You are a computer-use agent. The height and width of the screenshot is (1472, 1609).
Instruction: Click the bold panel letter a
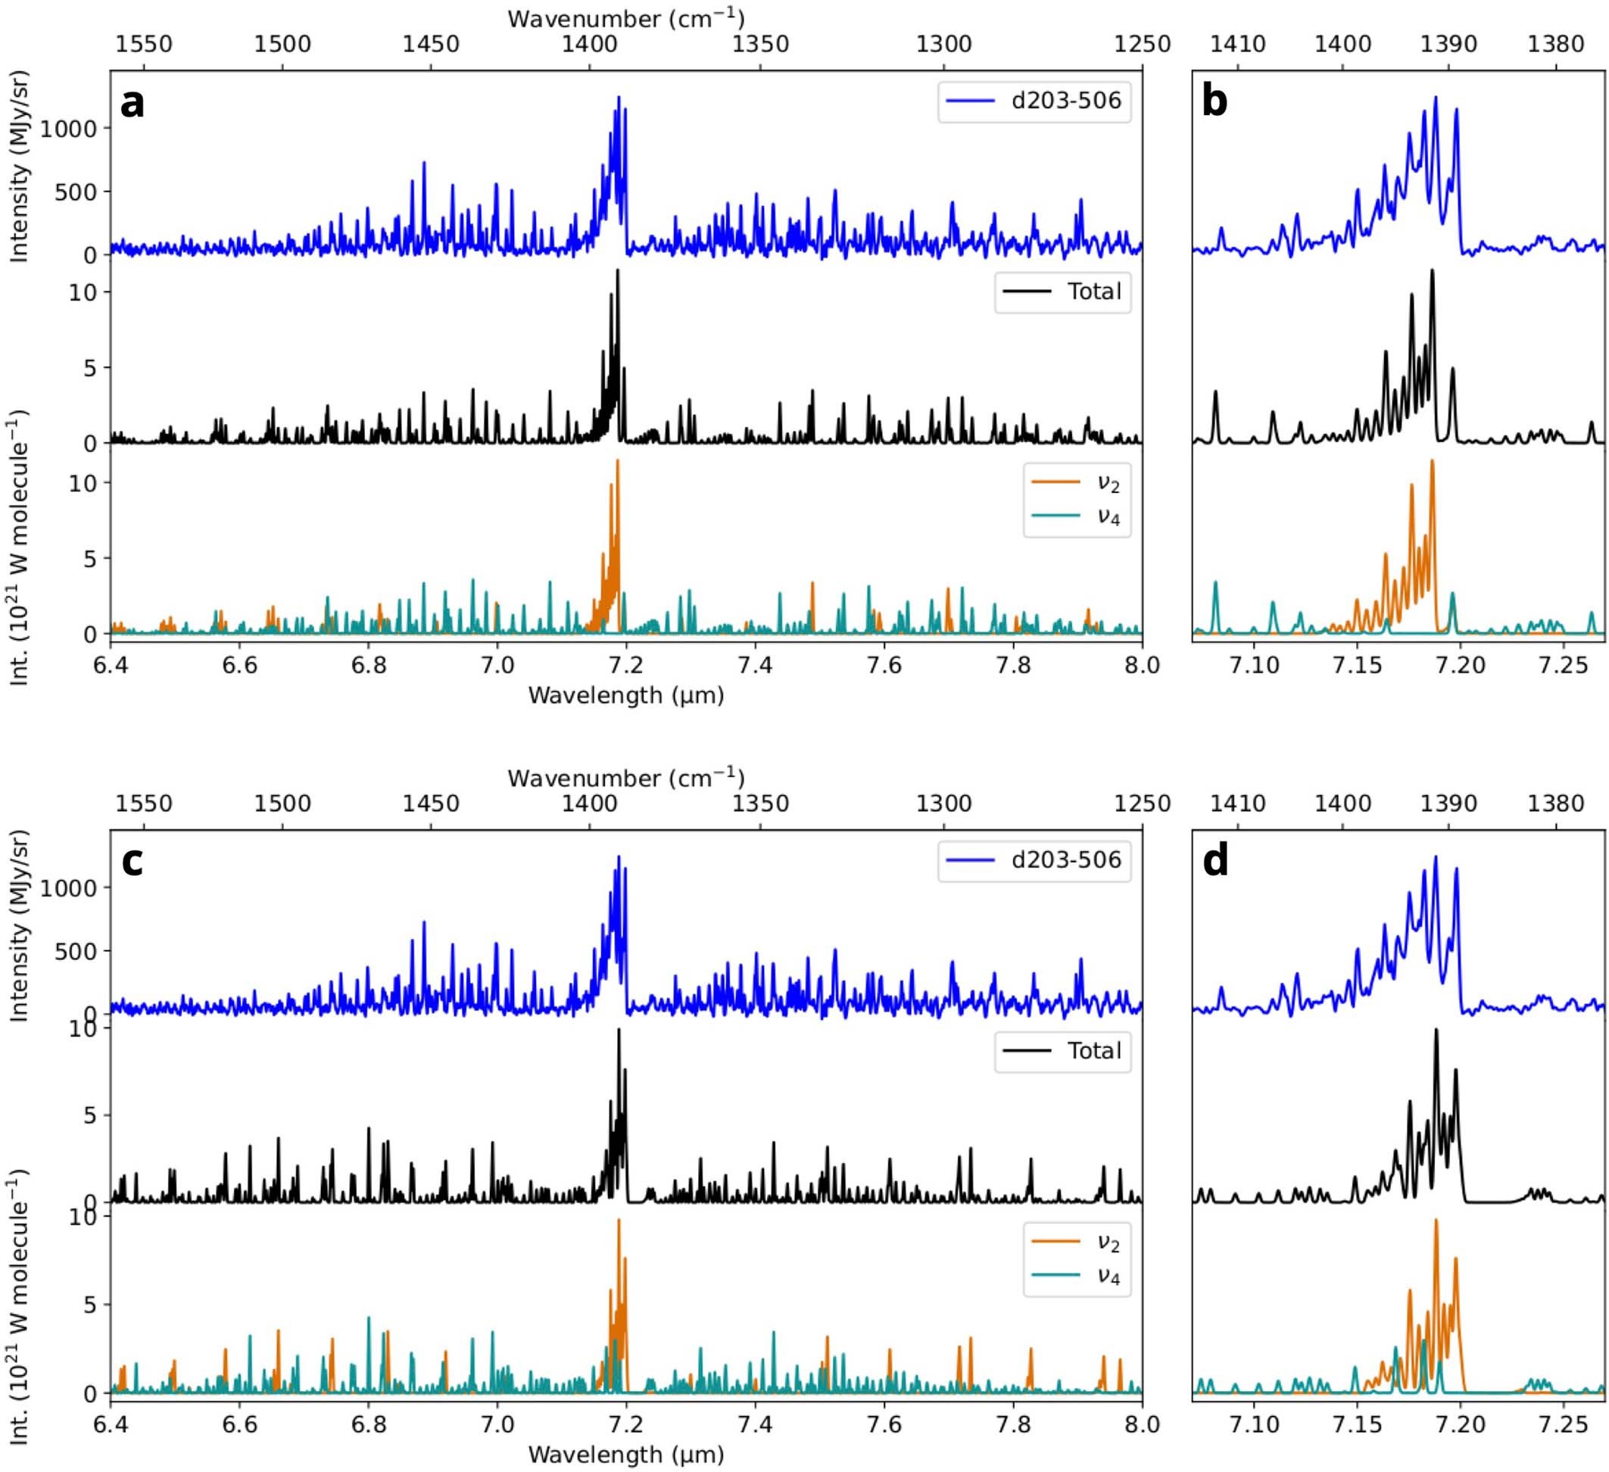point(133,104)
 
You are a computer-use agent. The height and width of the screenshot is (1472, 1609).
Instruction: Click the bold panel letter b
point(1214,104)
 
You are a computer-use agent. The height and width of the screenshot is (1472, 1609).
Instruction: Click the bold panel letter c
point(132,862)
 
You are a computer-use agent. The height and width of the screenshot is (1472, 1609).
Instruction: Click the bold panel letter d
point(1215,862)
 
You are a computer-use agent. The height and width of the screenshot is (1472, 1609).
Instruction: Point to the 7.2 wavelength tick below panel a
point(625,665)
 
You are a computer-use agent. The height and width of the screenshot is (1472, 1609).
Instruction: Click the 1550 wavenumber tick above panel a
point(144,43)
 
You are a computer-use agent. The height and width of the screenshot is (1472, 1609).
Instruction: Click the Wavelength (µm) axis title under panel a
point(625,695)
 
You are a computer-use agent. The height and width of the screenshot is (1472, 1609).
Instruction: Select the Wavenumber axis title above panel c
point(625,778)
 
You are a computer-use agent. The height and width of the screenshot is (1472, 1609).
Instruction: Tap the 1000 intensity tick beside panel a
point(68,129)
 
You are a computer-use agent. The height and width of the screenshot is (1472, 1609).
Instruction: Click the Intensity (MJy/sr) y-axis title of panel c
point(19,926)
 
